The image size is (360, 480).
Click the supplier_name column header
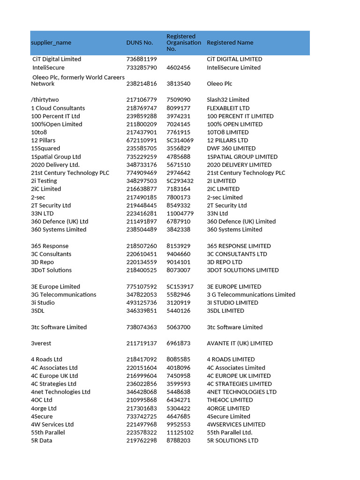[x=51, y=43]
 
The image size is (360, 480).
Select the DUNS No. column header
[x=140, y=43]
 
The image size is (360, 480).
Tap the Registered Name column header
[x=230, y=43]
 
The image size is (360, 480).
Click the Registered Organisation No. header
[x=184, y=43]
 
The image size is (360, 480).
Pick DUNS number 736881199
[x=142, y=59]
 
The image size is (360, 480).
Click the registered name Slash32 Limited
[x=228, y=100]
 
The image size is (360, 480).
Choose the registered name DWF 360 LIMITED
[x=231, y=149]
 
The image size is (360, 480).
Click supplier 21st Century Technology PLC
[x=70, y=173]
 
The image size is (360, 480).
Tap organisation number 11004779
[x=180, y=213]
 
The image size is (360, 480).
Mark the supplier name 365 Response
[x=50, y=246]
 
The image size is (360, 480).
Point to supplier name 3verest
[x=42, y=344]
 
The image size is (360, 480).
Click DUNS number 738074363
[x=142, y=327]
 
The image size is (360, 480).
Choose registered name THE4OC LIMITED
[x=230, y=400]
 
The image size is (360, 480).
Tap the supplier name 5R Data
[x=42, y=441]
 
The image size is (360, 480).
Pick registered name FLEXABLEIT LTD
[x=228, y=108]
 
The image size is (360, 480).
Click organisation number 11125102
[x=180, y=433]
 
